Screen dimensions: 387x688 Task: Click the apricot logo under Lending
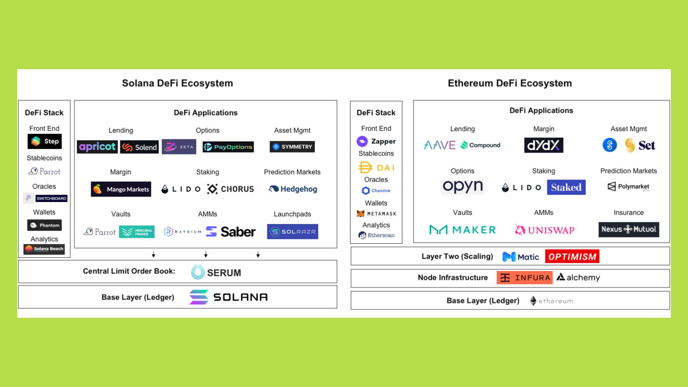point(97,147)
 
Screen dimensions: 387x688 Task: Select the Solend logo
point(139,147)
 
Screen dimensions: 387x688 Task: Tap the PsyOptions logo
point(228,147)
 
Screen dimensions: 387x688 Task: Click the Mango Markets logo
point(121,189)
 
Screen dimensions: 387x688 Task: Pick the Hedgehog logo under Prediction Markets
point(293,189)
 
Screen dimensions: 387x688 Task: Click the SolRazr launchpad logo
point(292,232)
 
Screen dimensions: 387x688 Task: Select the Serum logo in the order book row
point(216,272)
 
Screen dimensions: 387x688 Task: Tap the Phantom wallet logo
point(44,225)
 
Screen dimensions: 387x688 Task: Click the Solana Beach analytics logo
point(44,249)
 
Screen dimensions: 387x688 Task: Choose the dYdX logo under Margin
point(544,145)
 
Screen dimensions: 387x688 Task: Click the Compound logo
point(481,145)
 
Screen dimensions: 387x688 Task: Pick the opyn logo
point(463,187)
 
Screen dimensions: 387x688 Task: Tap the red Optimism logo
point(572,257)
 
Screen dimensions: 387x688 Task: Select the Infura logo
point(524,278)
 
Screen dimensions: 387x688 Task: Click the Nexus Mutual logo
point(629,230)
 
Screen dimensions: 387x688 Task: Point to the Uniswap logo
point(544,230)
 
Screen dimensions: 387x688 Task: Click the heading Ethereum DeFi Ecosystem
point(510,83)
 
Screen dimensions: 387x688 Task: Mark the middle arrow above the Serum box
point(206,255)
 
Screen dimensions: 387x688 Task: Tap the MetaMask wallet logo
point(376,214)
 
